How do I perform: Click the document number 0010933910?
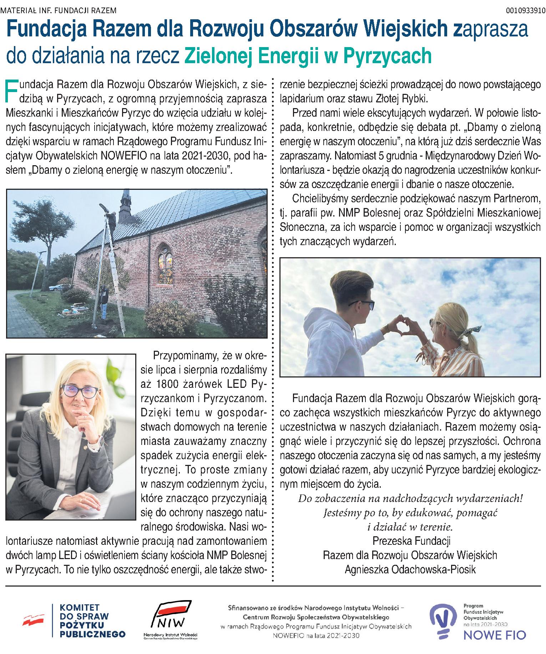pos(526,10)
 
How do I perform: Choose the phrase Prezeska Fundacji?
pos(411,541)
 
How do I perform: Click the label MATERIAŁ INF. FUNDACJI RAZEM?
pos(59,10)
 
